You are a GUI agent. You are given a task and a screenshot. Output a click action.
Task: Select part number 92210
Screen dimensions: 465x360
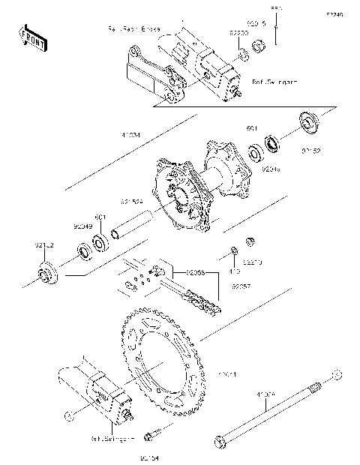coord(253,262)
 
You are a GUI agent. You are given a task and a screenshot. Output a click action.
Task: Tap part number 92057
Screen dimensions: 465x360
coord(241,286)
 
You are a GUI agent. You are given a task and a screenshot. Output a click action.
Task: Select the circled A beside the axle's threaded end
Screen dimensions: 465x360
coord(337,373)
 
